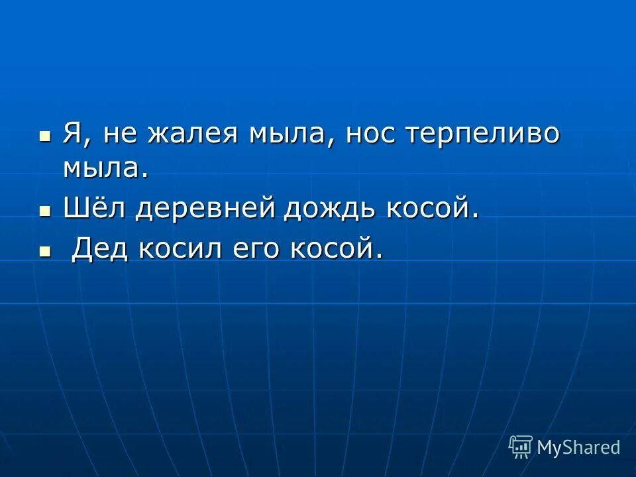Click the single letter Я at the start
[x=72, y=134]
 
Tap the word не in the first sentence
[x=119, y=135]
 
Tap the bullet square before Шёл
[x=45, y=211]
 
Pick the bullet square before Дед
[x=45, y=251]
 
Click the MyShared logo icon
[x=520, y=447]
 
